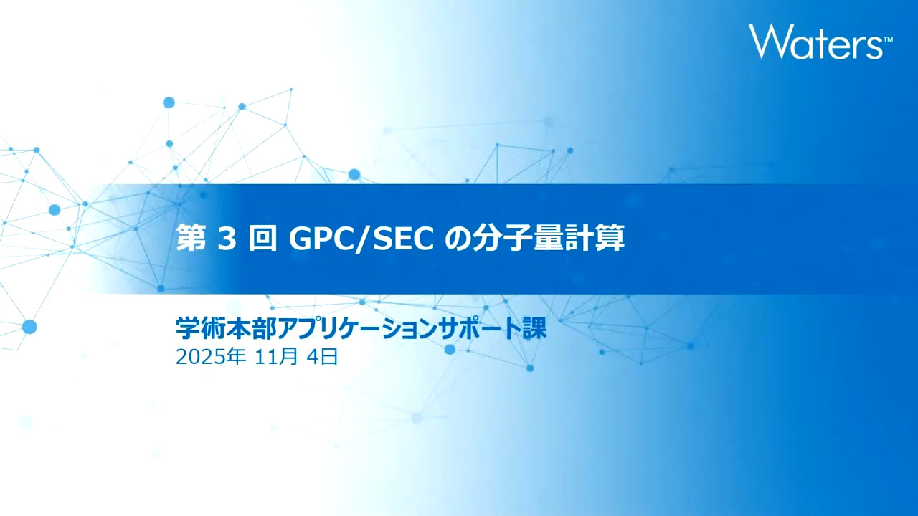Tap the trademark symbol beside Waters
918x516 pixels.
pos(888,39)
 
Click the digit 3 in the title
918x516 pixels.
pos(227,239)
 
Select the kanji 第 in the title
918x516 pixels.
pos(191,239)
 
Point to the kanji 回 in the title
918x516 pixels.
pos(262,239)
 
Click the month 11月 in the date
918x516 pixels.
pos(276,357)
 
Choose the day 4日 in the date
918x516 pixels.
pos(323,357)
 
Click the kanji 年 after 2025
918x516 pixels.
pos(237,357)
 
